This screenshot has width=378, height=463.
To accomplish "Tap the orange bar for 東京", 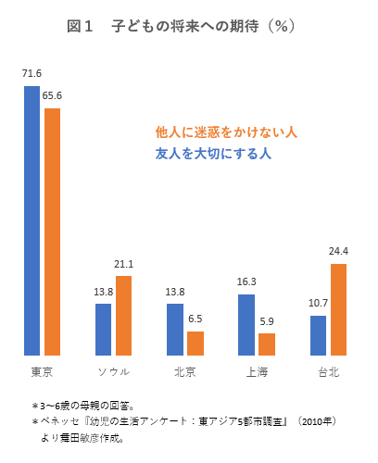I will [52, 231].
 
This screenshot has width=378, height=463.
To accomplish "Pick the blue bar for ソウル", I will [104, 329].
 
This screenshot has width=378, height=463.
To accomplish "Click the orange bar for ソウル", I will [123, 316].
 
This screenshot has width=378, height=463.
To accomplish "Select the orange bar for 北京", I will [195, 343].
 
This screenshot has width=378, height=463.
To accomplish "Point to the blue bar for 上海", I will [246, 324].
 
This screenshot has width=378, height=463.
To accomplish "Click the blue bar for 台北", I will [318, 335].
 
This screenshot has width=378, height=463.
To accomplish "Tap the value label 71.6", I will [32, 73].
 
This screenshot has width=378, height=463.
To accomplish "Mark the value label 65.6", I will [52, 95].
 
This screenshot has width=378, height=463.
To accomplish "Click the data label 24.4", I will [338, 251].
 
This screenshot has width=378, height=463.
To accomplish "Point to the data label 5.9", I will [267, 320].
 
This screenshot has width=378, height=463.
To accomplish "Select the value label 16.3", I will [246, 281].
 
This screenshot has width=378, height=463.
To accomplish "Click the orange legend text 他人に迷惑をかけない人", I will [226, 132].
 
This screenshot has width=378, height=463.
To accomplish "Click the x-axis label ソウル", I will [113, 371].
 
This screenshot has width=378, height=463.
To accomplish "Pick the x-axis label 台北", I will [328, 371].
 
